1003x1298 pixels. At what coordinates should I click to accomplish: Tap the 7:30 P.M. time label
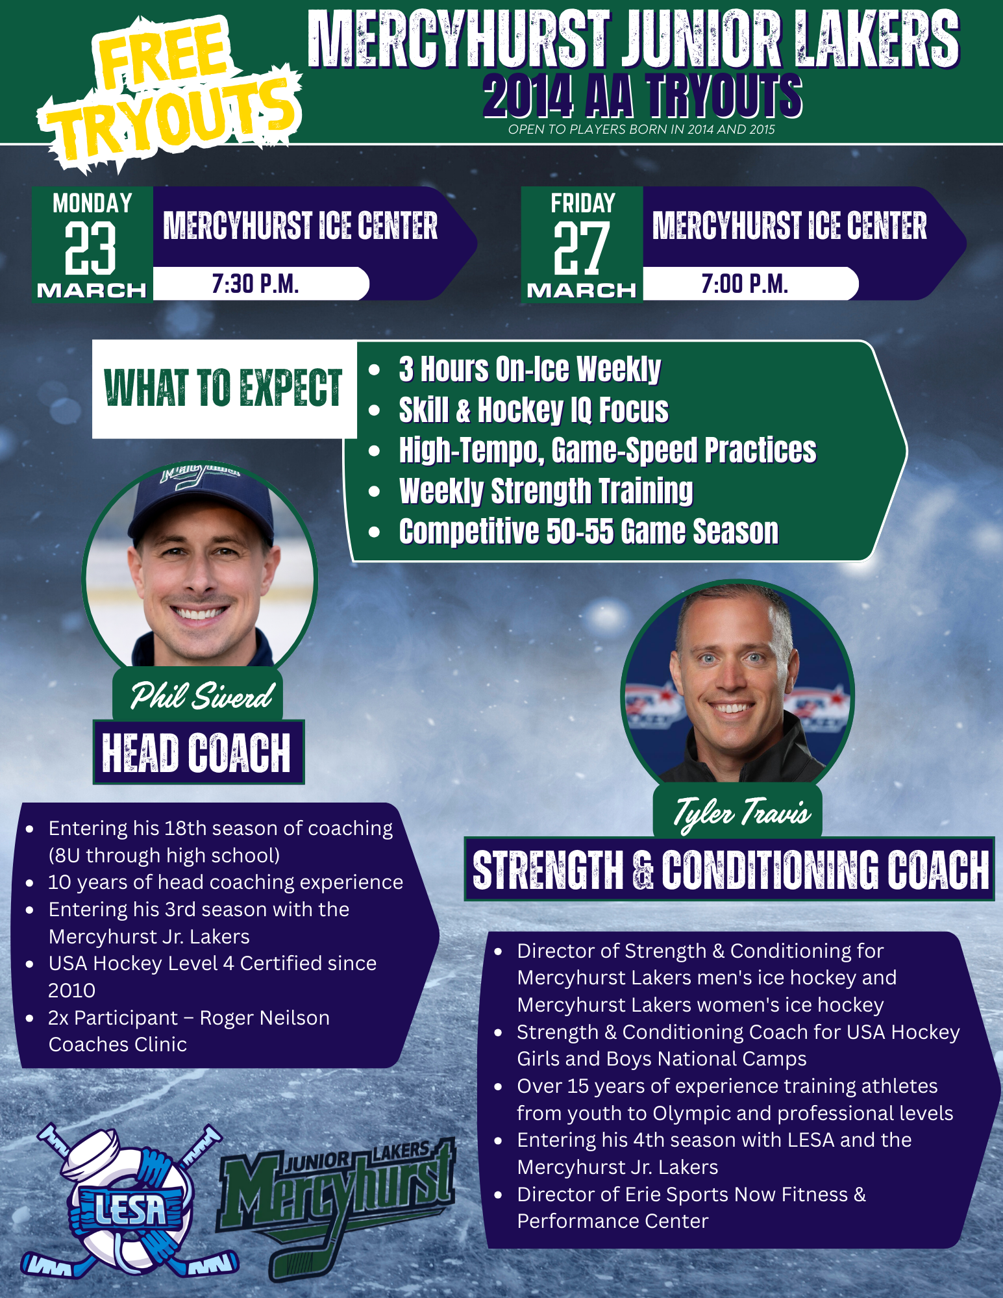point(255,284)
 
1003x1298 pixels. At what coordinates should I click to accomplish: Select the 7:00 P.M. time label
point(745,284)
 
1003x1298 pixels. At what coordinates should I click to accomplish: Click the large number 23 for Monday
point(90,248)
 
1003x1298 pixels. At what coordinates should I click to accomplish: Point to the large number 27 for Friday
point(581,248)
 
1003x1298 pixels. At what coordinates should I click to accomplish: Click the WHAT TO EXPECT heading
point(223,388)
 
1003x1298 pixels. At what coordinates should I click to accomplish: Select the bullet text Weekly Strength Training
point(546,491)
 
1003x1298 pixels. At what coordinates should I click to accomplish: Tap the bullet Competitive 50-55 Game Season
point(589,531)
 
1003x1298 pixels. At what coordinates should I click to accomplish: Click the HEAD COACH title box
point(198,752)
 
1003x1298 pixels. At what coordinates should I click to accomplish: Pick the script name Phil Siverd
point(202,695)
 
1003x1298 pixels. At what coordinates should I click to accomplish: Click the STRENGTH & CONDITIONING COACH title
point(730,869)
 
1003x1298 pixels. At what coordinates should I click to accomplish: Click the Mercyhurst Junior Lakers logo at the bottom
point(338,1204)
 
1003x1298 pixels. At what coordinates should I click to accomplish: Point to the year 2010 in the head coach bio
point(71,990)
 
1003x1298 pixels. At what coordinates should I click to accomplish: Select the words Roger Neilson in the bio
point(264,1017)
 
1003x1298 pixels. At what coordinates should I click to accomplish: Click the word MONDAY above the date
point(92,203)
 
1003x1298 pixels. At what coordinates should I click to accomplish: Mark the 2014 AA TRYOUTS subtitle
point(643,96)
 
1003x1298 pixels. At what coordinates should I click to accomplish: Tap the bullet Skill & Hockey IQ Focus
point(534,410)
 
